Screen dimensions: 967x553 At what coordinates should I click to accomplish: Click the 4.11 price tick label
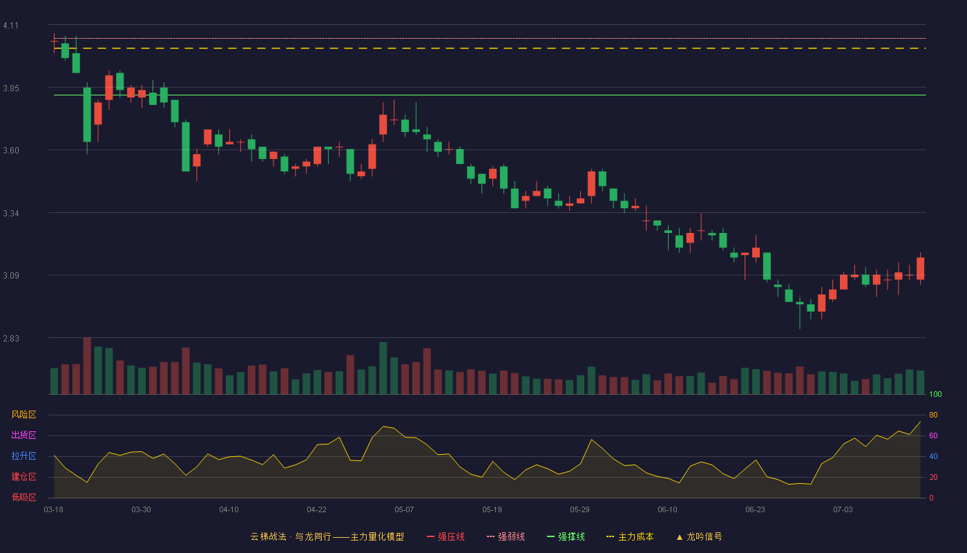[x=11, y=26]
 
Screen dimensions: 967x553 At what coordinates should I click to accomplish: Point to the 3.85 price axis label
[x=11, y=88]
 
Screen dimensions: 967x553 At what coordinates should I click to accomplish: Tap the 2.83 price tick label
[x=11, y=338]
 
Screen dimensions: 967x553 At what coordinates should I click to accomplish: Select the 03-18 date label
[x=54, y=509]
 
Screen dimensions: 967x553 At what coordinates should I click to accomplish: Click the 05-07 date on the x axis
[x=404, y=509]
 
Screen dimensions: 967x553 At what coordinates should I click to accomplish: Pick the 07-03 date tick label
[x=843, y=509]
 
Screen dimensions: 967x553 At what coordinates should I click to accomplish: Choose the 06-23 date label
[x=755, y=509]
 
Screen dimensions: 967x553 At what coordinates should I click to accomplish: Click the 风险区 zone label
[x=23, y=414]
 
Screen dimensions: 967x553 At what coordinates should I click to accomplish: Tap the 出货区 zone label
[x=23, y=435]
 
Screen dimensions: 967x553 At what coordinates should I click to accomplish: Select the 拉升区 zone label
[x=23, y=456]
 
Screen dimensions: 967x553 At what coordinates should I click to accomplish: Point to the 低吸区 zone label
[x=23, y=497]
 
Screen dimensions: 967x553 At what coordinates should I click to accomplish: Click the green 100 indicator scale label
[x=935, y=394]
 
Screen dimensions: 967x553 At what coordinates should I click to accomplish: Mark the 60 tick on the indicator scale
[x=933, y=435]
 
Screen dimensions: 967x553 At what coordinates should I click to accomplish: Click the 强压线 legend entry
[x=446, y=536]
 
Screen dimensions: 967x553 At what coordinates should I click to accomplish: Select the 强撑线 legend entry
[x=566, y=536]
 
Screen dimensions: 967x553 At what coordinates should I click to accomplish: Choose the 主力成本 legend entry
[x=630, y=536]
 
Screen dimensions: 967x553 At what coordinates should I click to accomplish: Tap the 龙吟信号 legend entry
[x=699, y=536]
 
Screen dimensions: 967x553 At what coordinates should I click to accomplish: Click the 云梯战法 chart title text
[x=268, y=536]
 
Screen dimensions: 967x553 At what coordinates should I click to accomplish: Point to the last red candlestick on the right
[x=920, y=268]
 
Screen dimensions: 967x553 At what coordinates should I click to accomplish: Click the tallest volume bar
[x=87, y=366]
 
